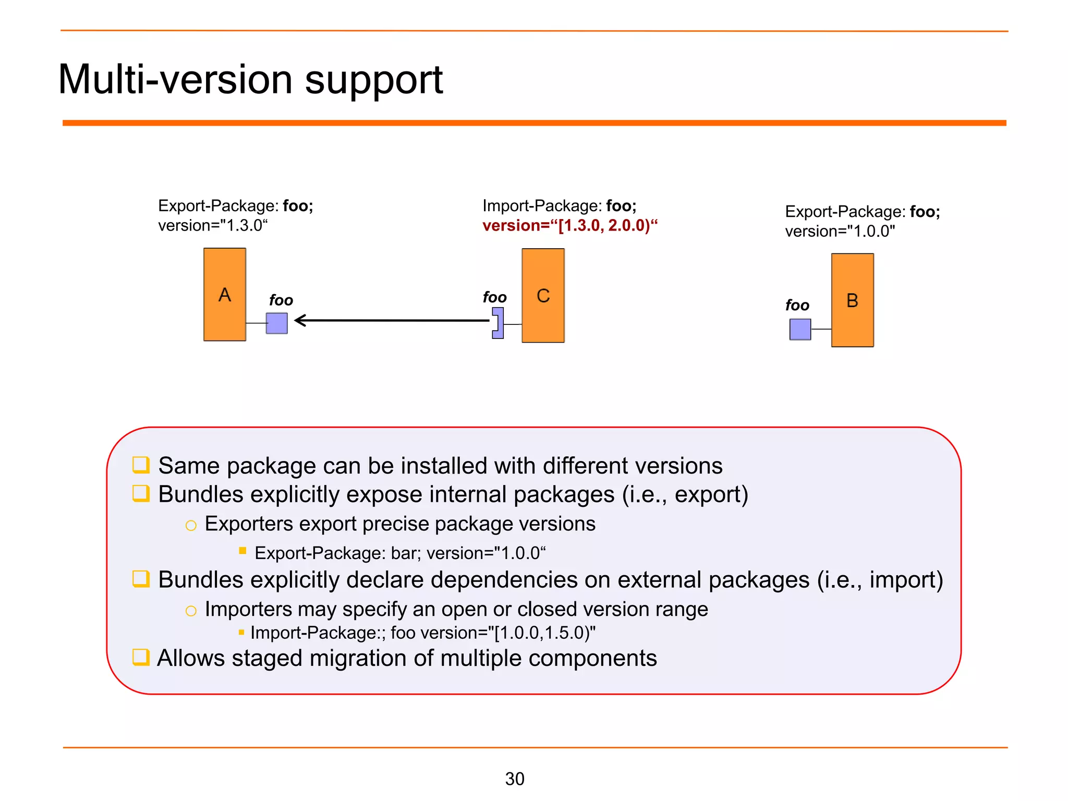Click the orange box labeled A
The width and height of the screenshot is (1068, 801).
click(224, 295)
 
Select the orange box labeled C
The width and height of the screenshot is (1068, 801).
click(543, 296)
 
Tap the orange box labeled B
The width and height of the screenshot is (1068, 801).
click(852, 300)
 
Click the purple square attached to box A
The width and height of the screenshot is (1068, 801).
click(277, 323)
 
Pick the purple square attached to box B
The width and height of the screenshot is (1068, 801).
click(800, 329)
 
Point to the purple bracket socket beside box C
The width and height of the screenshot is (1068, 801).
click(499, 323)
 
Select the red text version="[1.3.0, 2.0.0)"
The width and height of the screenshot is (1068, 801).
click(569, 226)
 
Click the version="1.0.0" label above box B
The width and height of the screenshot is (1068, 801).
click(840, 232)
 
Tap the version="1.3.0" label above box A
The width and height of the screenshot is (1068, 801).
click(213, 226)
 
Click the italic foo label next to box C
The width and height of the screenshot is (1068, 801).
click(494, 297)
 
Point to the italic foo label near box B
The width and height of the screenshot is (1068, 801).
click(797, 305)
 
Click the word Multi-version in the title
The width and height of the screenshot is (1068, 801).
click(176, 80)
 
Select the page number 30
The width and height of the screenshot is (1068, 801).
click(515, 779)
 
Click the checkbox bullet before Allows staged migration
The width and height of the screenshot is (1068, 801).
click(141, 657)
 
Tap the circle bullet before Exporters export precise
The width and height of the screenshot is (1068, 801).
click(191, 526)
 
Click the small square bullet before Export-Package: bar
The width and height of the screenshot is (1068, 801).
click(242, 551)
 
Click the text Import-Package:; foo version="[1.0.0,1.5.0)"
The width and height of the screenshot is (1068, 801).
click(422, 633)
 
